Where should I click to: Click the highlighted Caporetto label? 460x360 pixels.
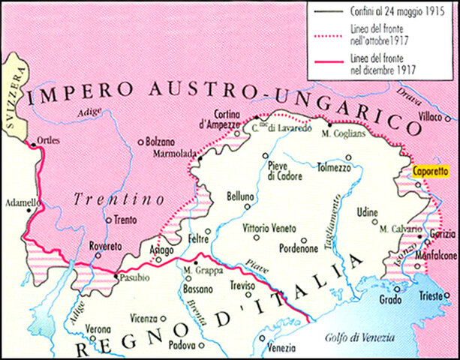(432, 171)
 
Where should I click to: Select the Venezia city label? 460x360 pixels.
(282, 349)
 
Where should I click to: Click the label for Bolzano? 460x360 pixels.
(164, 140)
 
